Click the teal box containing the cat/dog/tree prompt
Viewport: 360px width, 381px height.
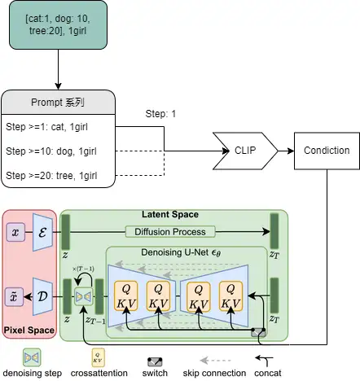pyautogui.click(x=58, y=25)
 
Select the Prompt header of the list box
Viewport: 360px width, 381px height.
pyautogui.click(x=58, y=103)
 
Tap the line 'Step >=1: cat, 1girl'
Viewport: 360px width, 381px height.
pyautogui.click(x=46, y=127)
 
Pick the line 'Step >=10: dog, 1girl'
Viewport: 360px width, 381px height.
pyautogui.click(x=51, y=151)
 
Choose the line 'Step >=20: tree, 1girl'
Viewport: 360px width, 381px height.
pyautogui.click(x=51, y=176)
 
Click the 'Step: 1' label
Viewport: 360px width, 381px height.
pyautogui.click(x=160, y=114)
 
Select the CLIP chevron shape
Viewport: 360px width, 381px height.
pyautogui.click(x=245, y=151)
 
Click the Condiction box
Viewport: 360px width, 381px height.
pyautogui.click(x=327, y=151)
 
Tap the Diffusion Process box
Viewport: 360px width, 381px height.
pyautogui.click(x=170, y=232)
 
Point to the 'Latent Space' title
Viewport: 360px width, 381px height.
pyautogui.click(x=170, y=214)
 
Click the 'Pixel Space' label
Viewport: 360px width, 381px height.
pyautogui.click(x=29, y=330)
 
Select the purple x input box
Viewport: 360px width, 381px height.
pyautogui.click(x=15, y=232)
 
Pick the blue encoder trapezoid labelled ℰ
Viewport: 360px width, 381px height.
pyautogui.click(x=42, y=232)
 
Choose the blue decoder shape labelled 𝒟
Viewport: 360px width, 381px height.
pyautogui.click(x=42, y=296)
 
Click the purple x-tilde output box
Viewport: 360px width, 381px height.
pyautogui.click(x=15, y=296)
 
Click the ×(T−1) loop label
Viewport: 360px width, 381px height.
pyautogui.click(x=83, y=269)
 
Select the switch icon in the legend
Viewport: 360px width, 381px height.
pyautogui.click(x=155, y=362)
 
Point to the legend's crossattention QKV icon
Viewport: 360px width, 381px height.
pyautogui.click(x=98, y=358)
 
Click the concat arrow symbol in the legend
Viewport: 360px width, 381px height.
pyautogui.click(x=265, y=360)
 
